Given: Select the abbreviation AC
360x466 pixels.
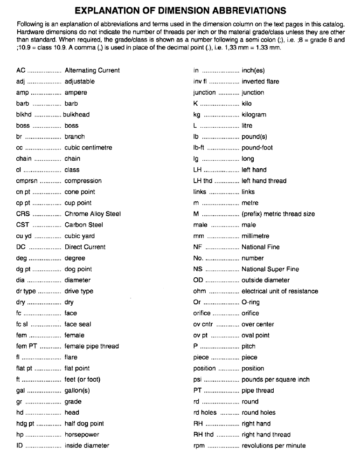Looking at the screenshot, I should click(x=21, y=70).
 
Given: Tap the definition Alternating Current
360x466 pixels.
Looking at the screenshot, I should click(x=92, y=70).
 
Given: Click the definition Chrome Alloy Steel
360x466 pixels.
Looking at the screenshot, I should click(x=93, y=214).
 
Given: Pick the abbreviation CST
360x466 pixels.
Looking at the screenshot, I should click(x=23, y=225).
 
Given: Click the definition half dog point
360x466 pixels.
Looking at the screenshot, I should click(x=84, y=424).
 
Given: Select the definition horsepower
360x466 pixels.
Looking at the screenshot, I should click(x=82, y=435).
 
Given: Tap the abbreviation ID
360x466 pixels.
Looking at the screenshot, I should click(x=20, y=445).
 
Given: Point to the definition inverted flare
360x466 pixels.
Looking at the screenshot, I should click(x=260, y=82).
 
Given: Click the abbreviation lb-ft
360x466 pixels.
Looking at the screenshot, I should click(x=199, y=148).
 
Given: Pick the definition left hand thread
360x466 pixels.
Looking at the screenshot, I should click(x=264, y=181).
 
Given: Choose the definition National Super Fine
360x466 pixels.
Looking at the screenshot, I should click(x=270, y=269).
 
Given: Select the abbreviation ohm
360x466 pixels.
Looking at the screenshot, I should click(x=200, y=291).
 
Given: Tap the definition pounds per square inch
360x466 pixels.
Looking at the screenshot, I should click(x=276, y=379).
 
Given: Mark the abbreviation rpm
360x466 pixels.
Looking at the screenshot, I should click(x=199, y=446).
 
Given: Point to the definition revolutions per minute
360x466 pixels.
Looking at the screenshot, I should click(x=274, y=446).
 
